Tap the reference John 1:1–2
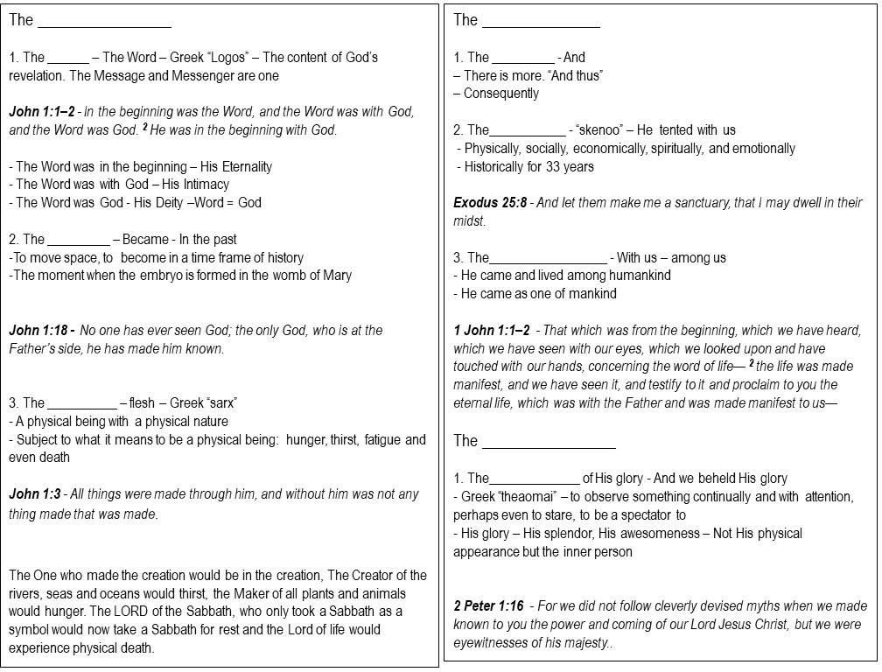41,112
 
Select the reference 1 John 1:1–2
492,330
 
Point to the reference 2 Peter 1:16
488,606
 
